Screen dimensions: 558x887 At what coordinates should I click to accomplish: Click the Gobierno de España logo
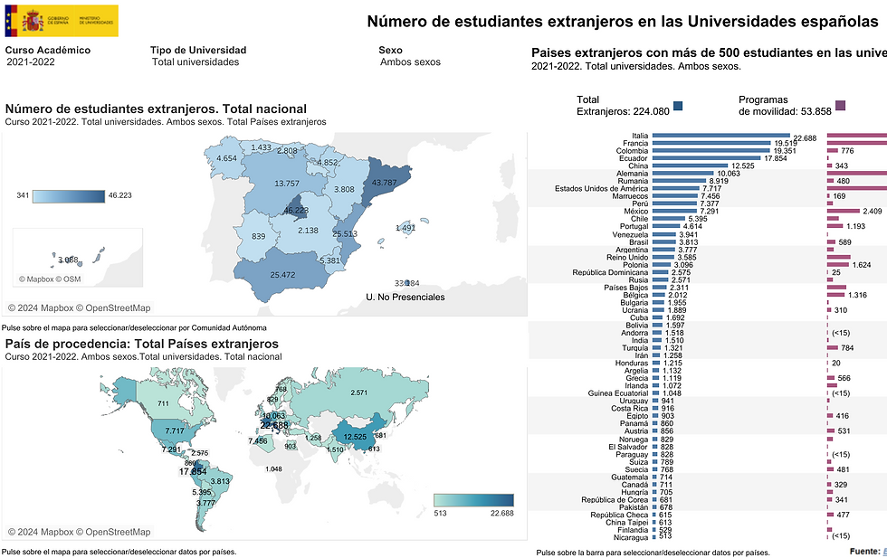[x=62, y=19]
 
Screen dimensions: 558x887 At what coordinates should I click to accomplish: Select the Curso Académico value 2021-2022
[x=31, y=62]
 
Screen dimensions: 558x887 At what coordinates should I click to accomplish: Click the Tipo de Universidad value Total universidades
[x=196, y=62]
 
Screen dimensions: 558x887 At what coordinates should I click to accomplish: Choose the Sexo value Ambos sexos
[x=410, y=62]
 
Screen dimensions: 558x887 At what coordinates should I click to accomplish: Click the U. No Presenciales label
[x=405, y=297]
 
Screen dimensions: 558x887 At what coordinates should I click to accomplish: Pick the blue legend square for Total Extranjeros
[x=679, y=105]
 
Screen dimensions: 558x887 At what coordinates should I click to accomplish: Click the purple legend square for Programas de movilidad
[x=841, y=105]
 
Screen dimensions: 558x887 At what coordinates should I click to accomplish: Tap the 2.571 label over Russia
[x=358, y=392]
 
